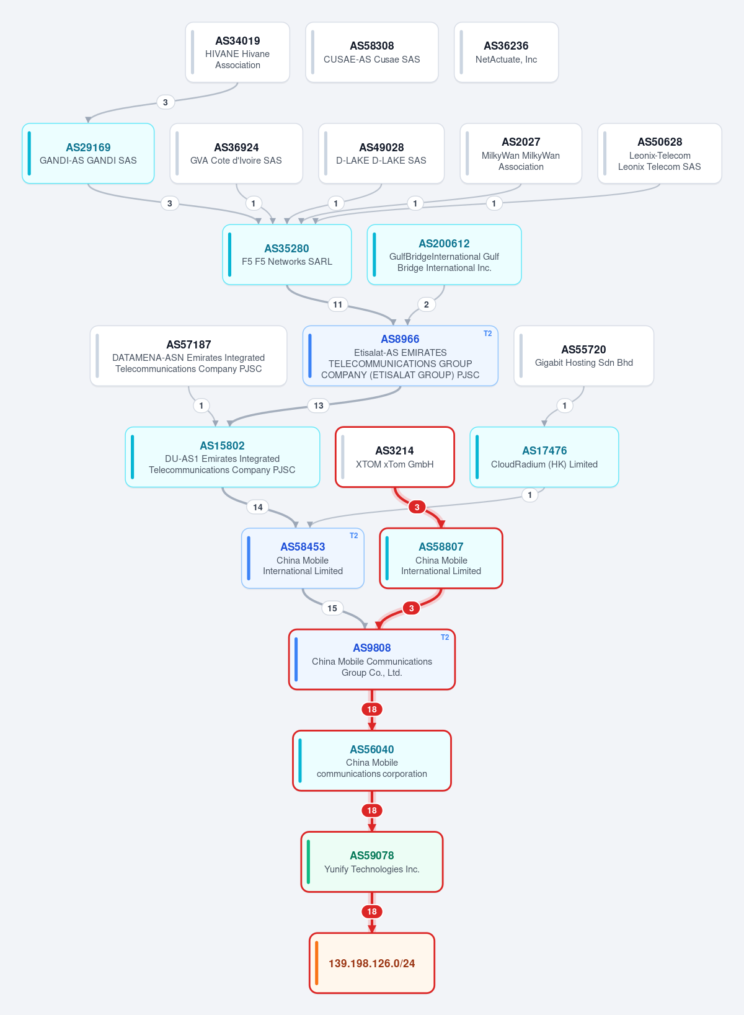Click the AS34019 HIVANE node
(x=237, y=53)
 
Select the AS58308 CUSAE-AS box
(x=371, y=53)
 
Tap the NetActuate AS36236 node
(x=506, y=53)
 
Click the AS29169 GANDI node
(x=89, y=154)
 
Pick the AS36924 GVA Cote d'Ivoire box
(x=236, y=154)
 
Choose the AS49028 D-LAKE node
(x=381, y=154)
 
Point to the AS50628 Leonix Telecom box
(x=660, y=154)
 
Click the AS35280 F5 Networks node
(x=287, y=255)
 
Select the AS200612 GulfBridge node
(x=444, y=255)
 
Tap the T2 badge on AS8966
(x=487, y=334)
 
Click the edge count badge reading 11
(x=337, y=304)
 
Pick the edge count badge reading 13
(x=319, y=406)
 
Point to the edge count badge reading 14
(x=258, y=507)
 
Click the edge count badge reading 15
(x=332, y=608)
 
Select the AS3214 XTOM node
(x=395, y=457)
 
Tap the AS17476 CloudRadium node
(x=544, y=457)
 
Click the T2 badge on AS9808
(x=445, y=637)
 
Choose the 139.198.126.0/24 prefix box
(x=372, y=963)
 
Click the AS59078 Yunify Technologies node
(x=372, y=862)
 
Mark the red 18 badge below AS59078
(x=372, y=911)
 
